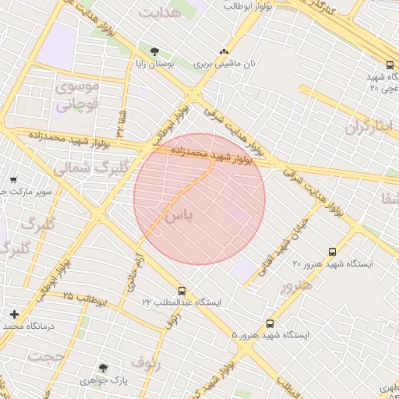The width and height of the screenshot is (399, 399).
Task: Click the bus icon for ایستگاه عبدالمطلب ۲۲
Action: pos(182,290)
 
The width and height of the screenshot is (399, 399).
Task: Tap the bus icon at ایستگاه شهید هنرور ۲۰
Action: pos(333,252)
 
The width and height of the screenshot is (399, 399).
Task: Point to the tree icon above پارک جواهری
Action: pos(103,368)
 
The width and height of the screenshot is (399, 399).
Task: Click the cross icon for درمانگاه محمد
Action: pos(14,314)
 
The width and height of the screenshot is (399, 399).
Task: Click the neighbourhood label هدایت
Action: pos(160,13)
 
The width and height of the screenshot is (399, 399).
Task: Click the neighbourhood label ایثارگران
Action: pos(367,125)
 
